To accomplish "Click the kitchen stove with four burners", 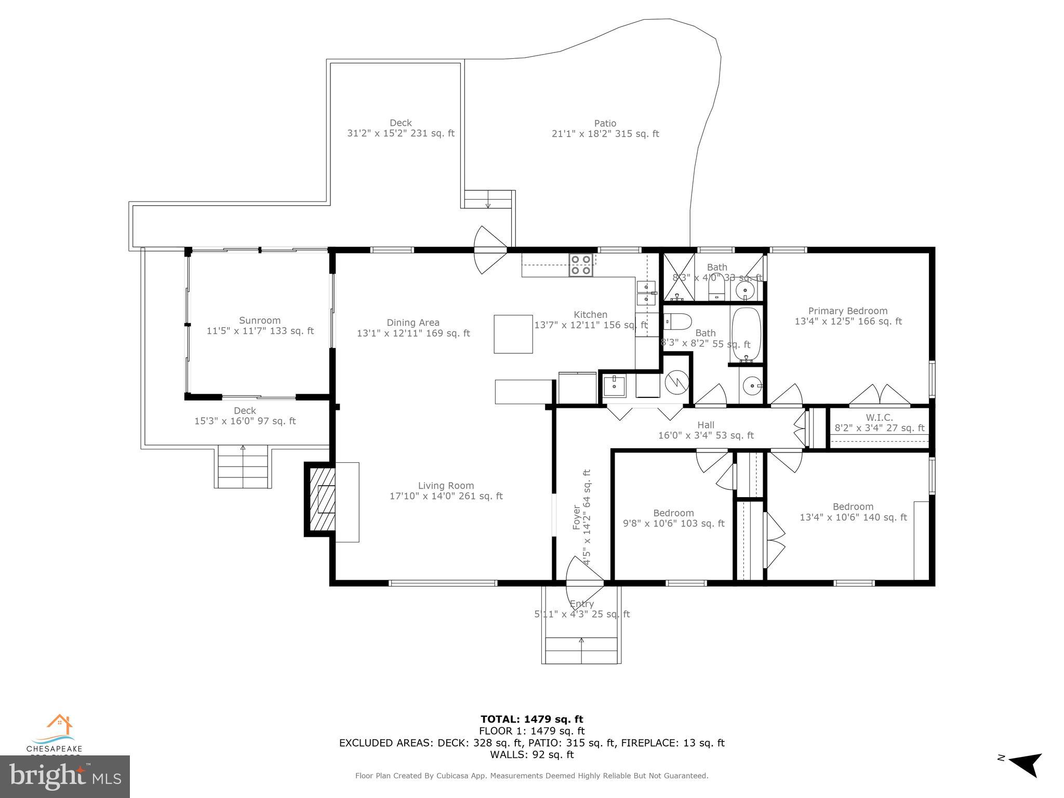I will pos(581,264).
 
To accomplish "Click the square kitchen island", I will pos(513,334).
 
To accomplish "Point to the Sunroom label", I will pos(260,321).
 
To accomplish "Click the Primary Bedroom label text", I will pos(848,311).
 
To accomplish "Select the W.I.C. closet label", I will pos(879,418).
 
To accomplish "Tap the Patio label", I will pos(605,124).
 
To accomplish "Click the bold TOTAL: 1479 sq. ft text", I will pos(531,719).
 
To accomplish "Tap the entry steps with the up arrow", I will pos(581,649).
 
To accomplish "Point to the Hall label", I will pos(706,425).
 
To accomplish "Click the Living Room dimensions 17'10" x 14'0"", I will pos(446,496).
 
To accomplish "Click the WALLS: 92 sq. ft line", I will pos(531,754).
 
